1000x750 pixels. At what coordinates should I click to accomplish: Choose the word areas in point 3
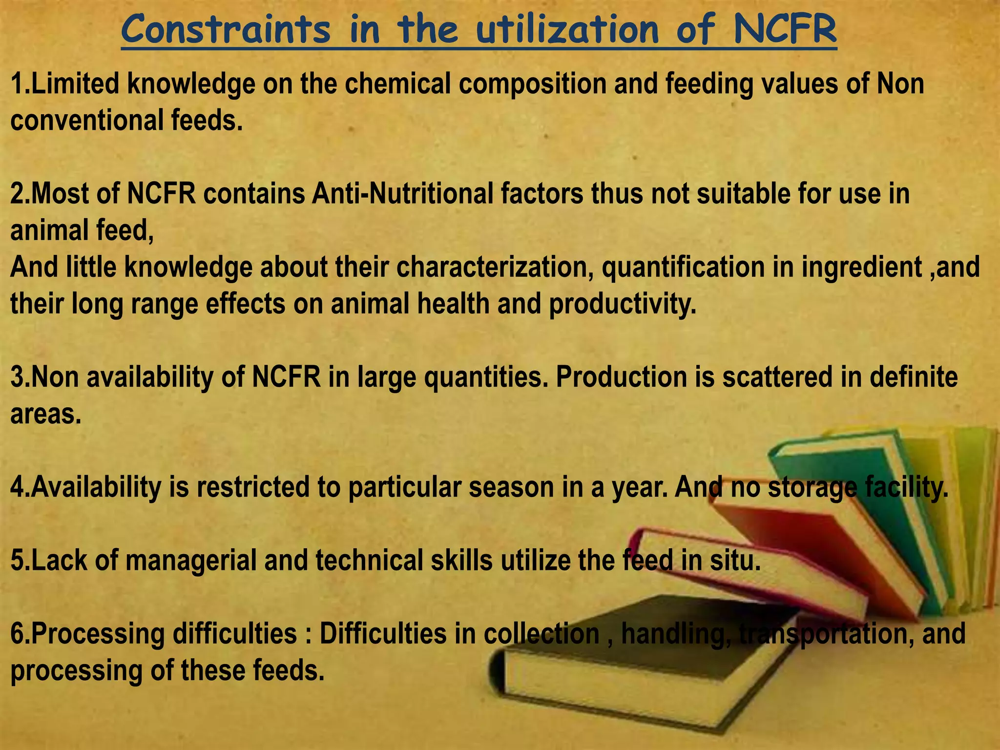45,415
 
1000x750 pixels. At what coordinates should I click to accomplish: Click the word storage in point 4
812,488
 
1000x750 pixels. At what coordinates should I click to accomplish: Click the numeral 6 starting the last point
17,634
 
